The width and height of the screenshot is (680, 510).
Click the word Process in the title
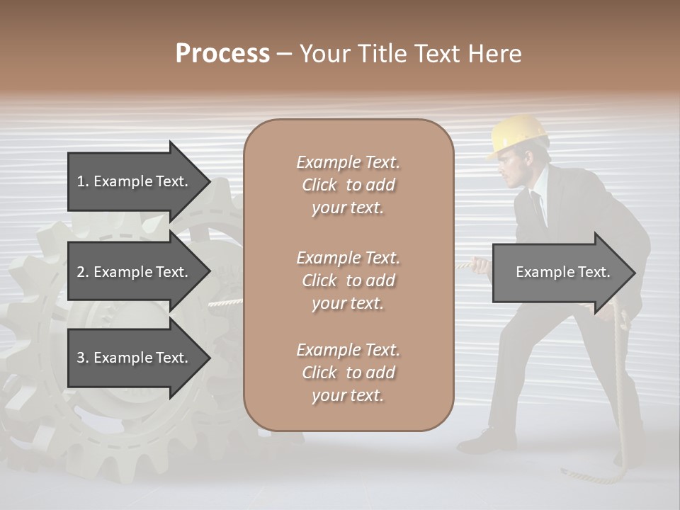[x=222, y=53]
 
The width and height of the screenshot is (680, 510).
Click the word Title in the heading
[x=381, y=54]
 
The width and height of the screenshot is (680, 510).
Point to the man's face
[x=511, y=169]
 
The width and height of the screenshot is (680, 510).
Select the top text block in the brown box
[x=348, y=185]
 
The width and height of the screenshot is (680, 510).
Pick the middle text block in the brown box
[x=348, y=280]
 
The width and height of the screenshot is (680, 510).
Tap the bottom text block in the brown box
[x=348, y=373]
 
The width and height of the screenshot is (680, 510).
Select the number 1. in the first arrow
[x=82, y=181]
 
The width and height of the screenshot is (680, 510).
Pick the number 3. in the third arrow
[x=82, y=358]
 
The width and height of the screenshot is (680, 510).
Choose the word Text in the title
[x=437, y=54]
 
